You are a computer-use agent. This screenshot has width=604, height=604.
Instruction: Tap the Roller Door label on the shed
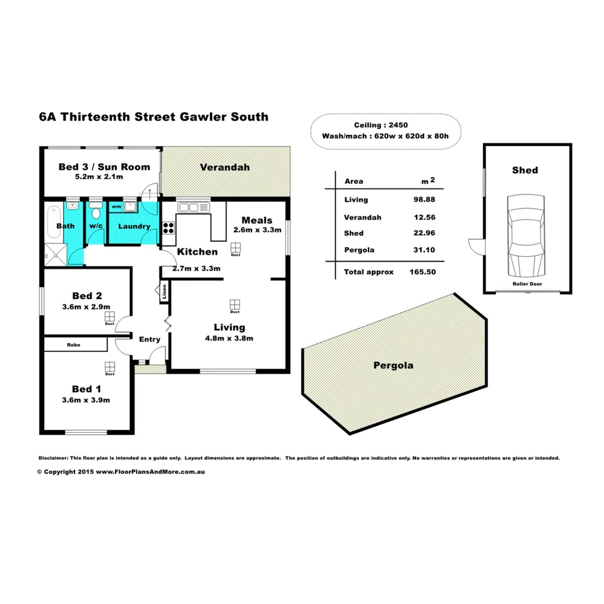coord(527,284)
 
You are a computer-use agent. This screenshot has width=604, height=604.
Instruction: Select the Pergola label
coord(394,366)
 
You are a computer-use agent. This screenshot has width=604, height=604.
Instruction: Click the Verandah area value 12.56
coord(423,217)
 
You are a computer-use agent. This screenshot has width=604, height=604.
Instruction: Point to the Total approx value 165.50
coord(423,272)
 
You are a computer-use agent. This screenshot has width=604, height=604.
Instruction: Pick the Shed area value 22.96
coord(423,233)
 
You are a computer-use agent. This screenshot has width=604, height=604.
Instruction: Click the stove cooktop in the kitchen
coord(168,228)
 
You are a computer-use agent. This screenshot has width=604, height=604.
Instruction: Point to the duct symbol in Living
coord(235,305)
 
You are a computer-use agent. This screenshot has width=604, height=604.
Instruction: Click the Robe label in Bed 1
coord(74,345)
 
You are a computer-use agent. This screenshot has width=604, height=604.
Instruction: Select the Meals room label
coord(257,220)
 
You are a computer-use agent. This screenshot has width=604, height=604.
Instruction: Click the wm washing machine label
coord(116,207)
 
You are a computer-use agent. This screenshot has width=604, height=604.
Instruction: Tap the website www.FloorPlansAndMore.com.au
coord(150,472)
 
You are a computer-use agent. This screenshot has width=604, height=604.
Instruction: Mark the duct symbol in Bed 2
coord(109,317)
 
